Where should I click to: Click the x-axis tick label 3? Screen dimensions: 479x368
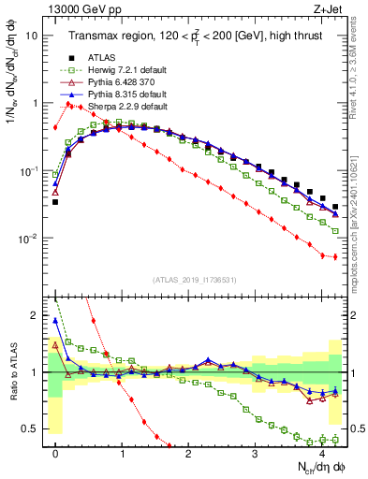pos(256,454)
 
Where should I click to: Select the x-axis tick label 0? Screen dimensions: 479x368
pos(55,454)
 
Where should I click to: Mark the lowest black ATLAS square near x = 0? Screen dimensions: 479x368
pos(55,202)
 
